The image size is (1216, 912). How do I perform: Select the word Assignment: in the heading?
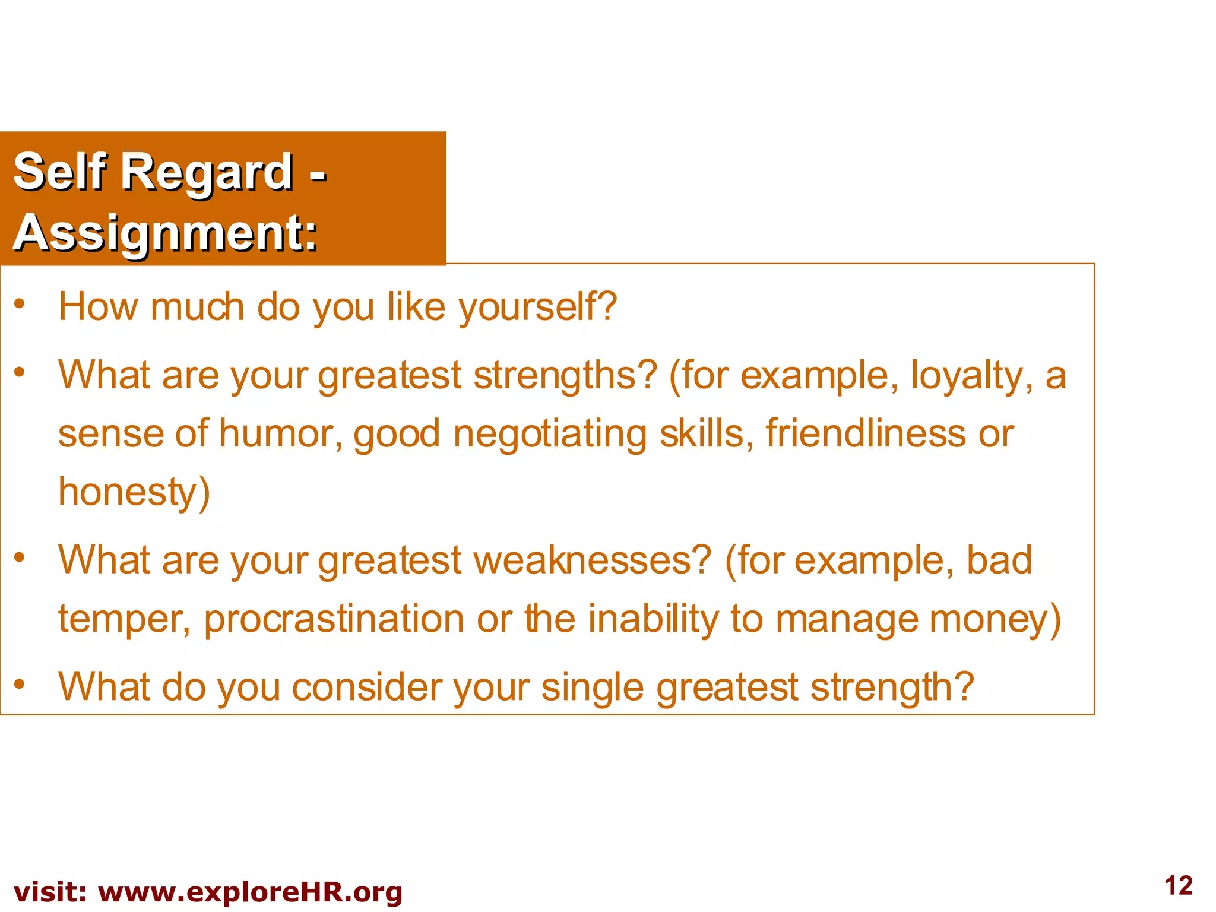coord(166,233)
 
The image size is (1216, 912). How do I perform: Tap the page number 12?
coord(1178,886)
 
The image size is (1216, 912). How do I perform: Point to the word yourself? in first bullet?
coord(537,307)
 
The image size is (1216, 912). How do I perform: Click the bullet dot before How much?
coord(20,304)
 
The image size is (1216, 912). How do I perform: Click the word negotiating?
coord(549,435)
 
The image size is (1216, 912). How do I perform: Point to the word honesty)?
coord(134,492)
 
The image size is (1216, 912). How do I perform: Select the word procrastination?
coord(334,619)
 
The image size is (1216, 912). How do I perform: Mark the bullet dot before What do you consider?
coord(20,684)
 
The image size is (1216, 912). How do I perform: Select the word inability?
coord(653,619)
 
